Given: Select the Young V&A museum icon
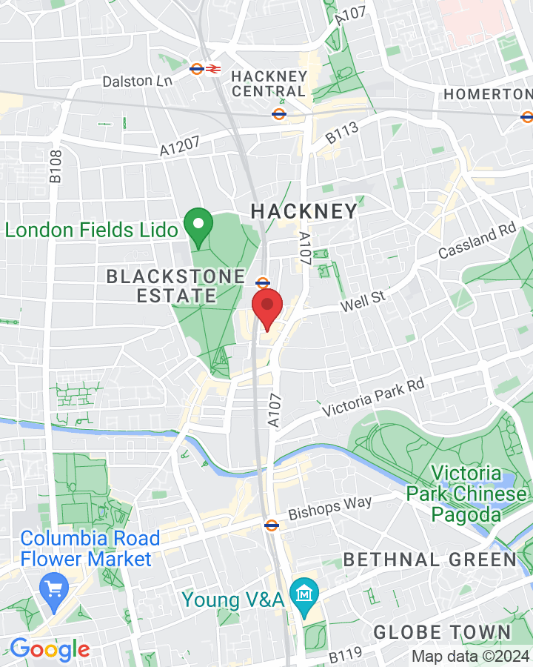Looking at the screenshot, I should [304, 593].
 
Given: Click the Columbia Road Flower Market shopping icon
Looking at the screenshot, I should [53, 590].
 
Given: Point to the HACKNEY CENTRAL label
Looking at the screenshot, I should [268, 84].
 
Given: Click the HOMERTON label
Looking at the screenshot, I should [487, 95].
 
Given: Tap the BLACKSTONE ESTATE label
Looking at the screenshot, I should [175, 286].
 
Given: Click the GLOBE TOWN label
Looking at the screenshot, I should [442, 632].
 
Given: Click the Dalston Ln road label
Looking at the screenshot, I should [137, 81].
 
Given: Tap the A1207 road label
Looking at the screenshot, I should [180, 147].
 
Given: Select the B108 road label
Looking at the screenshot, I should [56, 166].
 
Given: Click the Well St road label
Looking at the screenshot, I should [364, 302].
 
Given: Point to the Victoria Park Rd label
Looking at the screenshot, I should [372, 397].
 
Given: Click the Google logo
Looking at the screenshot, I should [50, 649].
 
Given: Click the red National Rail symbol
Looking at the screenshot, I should [213, 69].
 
